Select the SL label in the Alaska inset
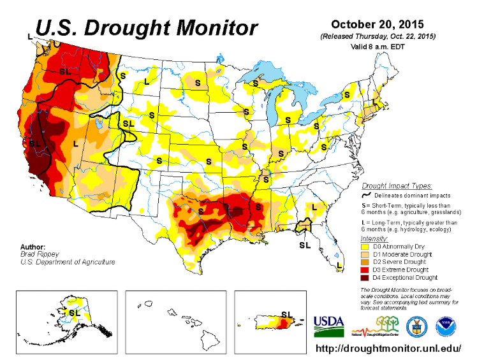click(x=75, y=313)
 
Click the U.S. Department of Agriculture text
click(x=67, y=261)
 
